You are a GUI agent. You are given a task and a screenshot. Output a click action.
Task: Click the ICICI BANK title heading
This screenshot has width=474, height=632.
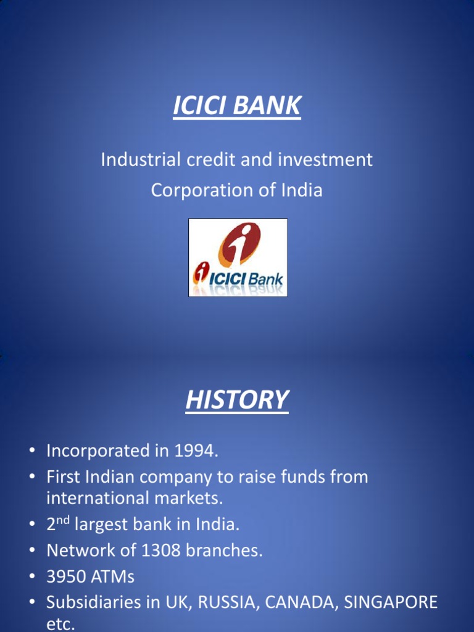coord(237,106)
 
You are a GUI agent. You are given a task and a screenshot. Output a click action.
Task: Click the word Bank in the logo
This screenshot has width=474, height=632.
coord(265,280)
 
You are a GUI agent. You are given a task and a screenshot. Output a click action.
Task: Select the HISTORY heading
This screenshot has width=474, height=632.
coord(237,400)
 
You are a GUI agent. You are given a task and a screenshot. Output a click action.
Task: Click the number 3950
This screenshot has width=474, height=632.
coord(66,577)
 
